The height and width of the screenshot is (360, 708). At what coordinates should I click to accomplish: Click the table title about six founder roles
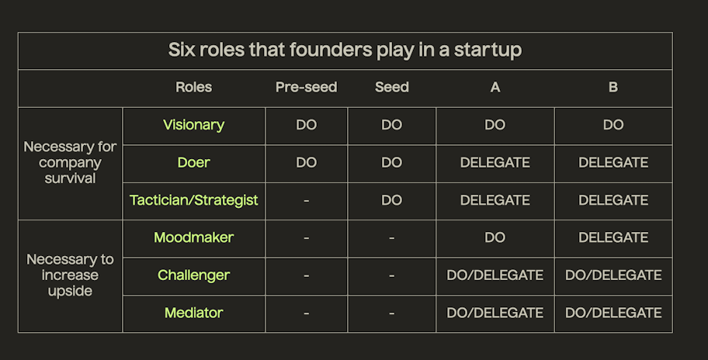345,50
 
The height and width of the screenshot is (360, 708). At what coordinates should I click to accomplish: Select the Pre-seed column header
306,87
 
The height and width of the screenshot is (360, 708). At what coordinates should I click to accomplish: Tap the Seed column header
391,87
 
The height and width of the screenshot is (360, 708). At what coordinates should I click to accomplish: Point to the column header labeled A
495,87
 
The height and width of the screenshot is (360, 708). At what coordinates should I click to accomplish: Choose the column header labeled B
613,87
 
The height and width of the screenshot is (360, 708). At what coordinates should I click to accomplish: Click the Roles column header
194,87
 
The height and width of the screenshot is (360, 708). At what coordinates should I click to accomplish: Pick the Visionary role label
194,125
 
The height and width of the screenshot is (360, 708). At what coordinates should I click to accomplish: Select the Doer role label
194,162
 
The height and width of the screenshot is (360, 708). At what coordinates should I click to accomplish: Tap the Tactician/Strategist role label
194,200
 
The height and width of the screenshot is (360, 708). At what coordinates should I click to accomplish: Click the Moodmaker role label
194,237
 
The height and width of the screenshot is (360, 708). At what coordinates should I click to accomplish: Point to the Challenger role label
194,275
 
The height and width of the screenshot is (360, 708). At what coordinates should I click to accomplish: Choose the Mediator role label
194,313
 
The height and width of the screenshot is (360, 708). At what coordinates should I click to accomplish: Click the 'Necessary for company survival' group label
70,162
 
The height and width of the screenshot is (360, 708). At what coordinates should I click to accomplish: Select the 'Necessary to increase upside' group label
70,275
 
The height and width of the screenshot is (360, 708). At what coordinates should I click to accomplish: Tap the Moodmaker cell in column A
495,237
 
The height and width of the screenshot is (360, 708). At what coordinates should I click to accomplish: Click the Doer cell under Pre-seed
306,162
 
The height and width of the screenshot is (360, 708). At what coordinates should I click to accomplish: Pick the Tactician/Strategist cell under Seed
391,200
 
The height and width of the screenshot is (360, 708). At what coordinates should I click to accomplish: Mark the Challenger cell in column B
613,275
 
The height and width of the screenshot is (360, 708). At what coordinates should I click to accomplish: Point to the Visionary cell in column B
613,125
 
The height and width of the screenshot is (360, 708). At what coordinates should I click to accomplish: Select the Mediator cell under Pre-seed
306,313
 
